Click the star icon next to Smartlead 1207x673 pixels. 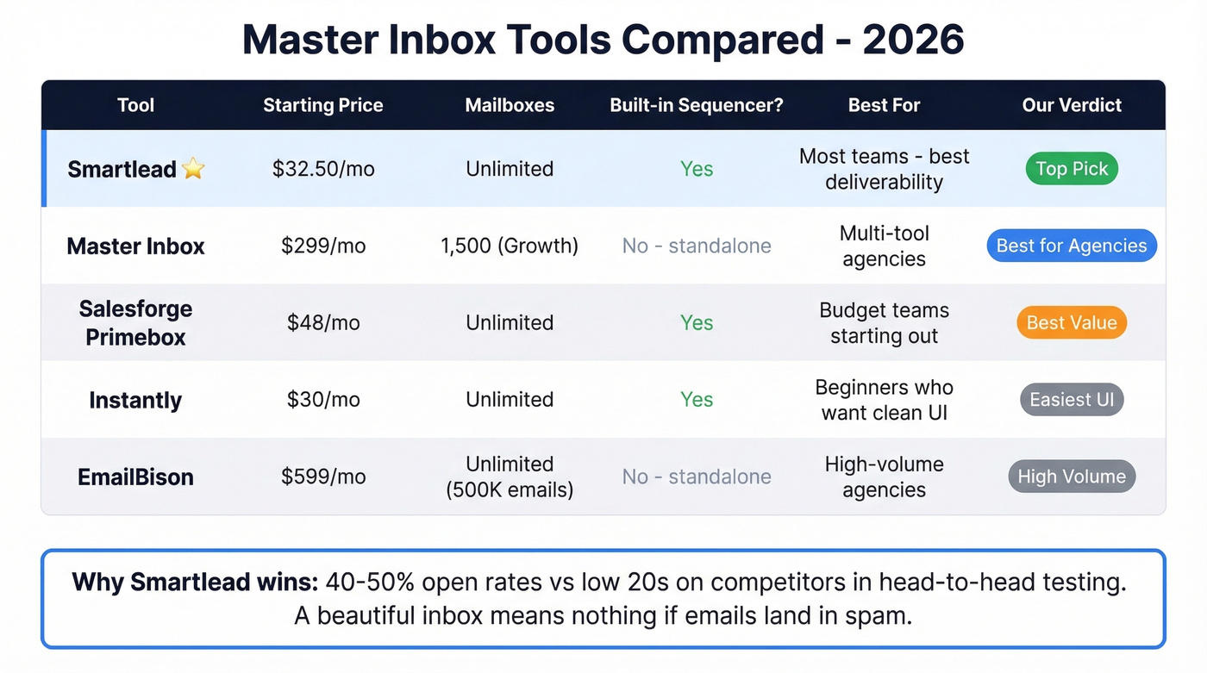point(194,169)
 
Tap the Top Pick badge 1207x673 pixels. point(1072,169)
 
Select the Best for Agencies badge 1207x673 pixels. point(1072,246)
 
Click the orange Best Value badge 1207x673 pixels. point(1072,322)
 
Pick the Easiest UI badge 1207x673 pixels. point(1072,400)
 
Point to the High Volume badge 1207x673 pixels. point(1072,477)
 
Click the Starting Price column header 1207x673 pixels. point(323,105)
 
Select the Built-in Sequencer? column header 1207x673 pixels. point(697,105)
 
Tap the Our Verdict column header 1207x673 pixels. point(1072,105)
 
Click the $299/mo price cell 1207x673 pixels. point(323,246)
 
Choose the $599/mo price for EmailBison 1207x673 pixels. point(323,477)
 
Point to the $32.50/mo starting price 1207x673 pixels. point(323,169)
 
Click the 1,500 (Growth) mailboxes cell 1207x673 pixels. point(510,246)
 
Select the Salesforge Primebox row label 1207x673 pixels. point(135,322)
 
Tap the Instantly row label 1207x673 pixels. point(135,400)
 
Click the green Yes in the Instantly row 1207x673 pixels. point(697,400)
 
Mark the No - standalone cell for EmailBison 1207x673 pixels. point(697,477)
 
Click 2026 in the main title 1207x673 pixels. point(913,40)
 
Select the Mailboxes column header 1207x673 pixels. point(510,105)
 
